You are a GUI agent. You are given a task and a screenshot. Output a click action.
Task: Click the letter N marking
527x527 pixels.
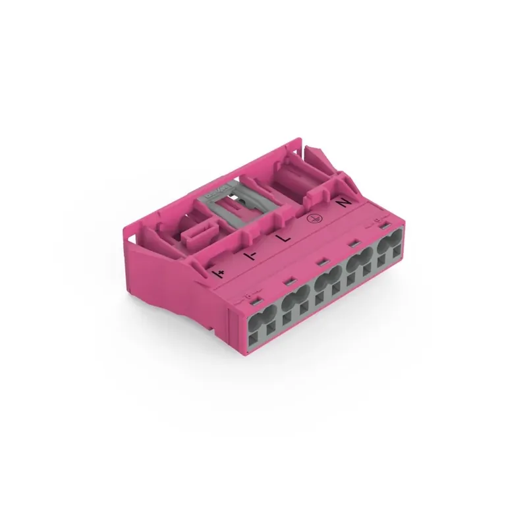click(x=343, y=205)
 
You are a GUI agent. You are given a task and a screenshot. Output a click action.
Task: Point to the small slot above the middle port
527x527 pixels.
click(x=322, y=263)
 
